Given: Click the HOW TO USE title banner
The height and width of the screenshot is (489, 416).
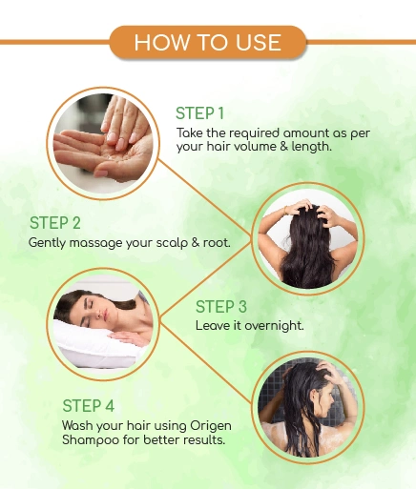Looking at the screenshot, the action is click(x=208, y=42).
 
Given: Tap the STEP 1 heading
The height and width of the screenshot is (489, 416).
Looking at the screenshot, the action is click(x=200, y=113).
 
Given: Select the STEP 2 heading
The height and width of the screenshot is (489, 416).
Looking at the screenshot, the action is click(x=55, y=223).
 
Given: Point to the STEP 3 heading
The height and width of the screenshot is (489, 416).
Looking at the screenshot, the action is click(x=221, y=307).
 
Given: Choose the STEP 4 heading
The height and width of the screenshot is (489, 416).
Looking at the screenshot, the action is click(x=89, y=406).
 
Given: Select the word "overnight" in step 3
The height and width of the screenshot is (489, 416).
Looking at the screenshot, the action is click(x=274, y=325).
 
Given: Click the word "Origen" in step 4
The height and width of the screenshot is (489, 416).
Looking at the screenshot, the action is click(x=211, y=426).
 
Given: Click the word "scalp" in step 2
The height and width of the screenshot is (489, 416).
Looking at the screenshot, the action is click(x=172, y=243).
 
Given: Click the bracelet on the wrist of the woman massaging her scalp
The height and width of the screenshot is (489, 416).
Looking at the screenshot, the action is click(x=286, y=210).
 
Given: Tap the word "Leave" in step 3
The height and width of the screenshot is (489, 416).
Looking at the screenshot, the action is click(x=213, y=325).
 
